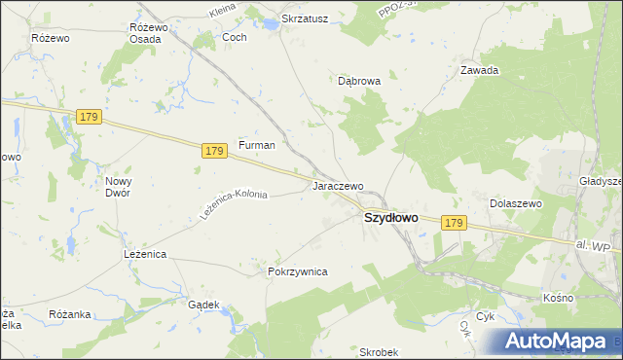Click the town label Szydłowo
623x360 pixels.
click(390, 218)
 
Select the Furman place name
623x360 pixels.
click(257, 145)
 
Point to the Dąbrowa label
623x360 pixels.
click(358, 83)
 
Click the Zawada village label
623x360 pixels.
click(479, 70)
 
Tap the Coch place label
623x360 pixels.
click(235, 37)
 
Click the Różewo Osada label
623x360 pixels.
click(149, 33)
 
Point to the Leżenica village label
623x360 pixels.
click(145, 253)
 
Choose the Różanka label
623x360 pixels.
click(69, 314)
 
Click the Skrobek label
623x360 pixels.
click(379, 351)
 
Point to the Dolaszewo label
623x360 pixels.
click(515, 203)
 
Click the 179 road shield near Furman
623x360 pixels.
click(216, 151)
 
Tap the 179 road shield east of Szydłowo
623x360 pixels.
click(453, 223)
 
